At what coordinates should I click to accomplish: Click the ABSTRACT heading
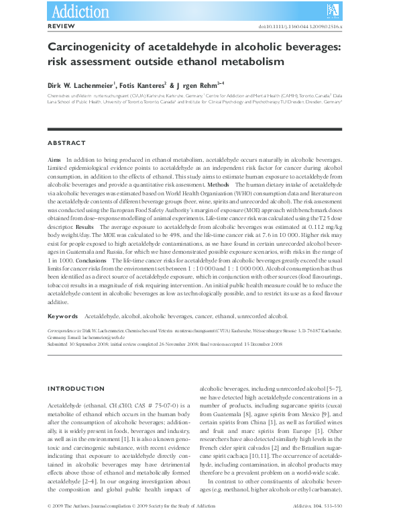tap(66, 143)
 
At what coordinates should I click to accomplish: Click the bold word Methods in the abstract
tap(219, 184)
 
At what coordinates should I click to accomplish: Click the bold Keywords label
tap(63, 316)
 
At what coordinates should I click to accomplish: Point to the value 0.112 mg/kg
tap(323, 228)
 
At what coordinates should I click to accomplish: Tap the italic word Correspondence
tap(62, 332)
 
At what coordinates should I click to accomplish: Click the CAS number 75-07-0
tap(146, 407)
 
